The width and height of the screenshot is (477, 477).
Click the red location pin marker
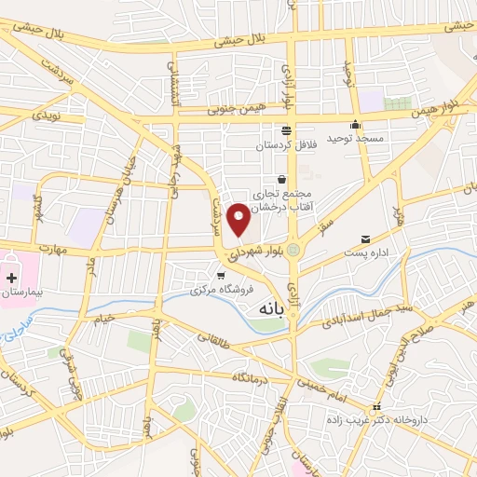pos(238,218)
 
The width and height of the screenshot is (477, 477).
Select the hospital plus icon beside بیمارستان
pos(11,278)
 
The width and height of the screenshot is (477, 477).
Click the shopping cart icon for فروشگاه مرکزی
pos(221,275)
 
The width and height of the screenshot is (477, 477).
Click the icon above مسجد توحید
pos(354,126)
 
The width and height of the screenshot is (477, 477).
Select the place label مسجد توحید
pos(354,138)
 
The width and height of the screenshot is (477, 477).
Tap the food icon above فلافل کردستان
pos(285,131)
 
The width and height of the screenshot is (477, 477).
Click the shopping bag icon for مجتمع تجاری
pos(281,179)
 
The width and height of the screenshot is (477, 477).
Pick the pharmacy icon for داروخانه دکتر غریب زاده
pos(376,408)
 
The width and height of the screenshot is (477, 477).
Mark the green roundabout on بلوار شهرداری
pos(294,249)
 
